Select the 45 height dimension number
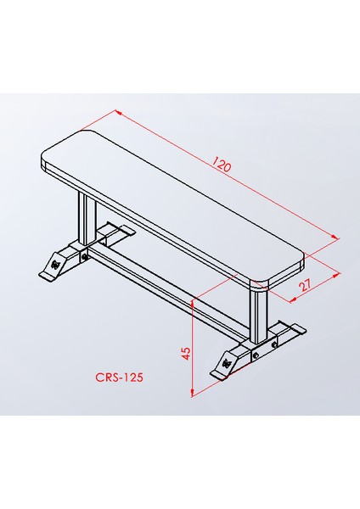186,350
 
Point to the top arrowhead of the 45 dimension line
194,301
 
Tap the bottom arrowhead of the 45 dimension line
194,391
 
